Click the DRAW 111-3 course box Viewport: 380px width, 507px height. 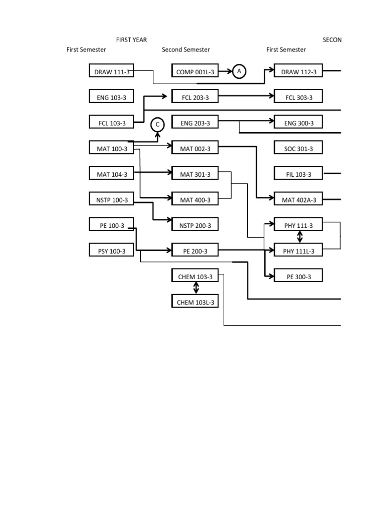click(x=112, y=72)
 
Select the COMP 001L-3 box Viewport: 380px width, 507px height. click(x=195, y=72)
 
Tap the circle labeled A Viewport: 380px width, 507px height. click(x=239, y=72)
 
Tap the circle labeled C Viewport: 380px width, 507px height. click(x=157, y=125)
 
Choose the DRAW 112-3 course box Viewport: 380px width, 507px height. click(x=298, y=72)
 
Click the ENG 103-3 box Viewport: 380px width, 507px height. click(x=111, y=97)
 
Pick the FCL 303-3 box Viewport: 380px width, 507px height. click(x=298, y=97)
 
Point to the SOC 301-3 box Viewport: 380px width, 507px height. click(x=298, y=148)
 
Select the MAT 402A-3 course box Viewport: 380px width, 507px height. click(x=298, y=200)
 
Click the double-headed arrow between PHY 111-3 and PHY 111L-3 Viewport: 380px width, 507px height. click(x=299, y=238)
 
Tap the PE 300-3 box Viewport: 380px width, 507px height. click(x=298, y=276)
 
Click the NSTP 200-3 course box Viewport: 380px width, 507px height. click(x=195, y=225)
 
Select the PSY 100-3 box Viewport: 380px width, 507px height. click(x=111, y=251)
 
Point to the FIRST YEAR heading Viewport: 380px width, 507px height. click(x=131, y=40)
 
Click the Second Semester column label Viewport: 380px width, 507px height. click(x=186, y=50)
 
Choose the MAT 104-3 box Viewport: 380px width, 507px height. click(x=111, y=174)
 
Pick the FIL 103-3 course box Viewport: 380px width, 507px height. click(x=298, y=174)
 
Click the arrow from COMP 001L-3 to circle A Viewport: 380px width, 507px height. click(x=225, y=72)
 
